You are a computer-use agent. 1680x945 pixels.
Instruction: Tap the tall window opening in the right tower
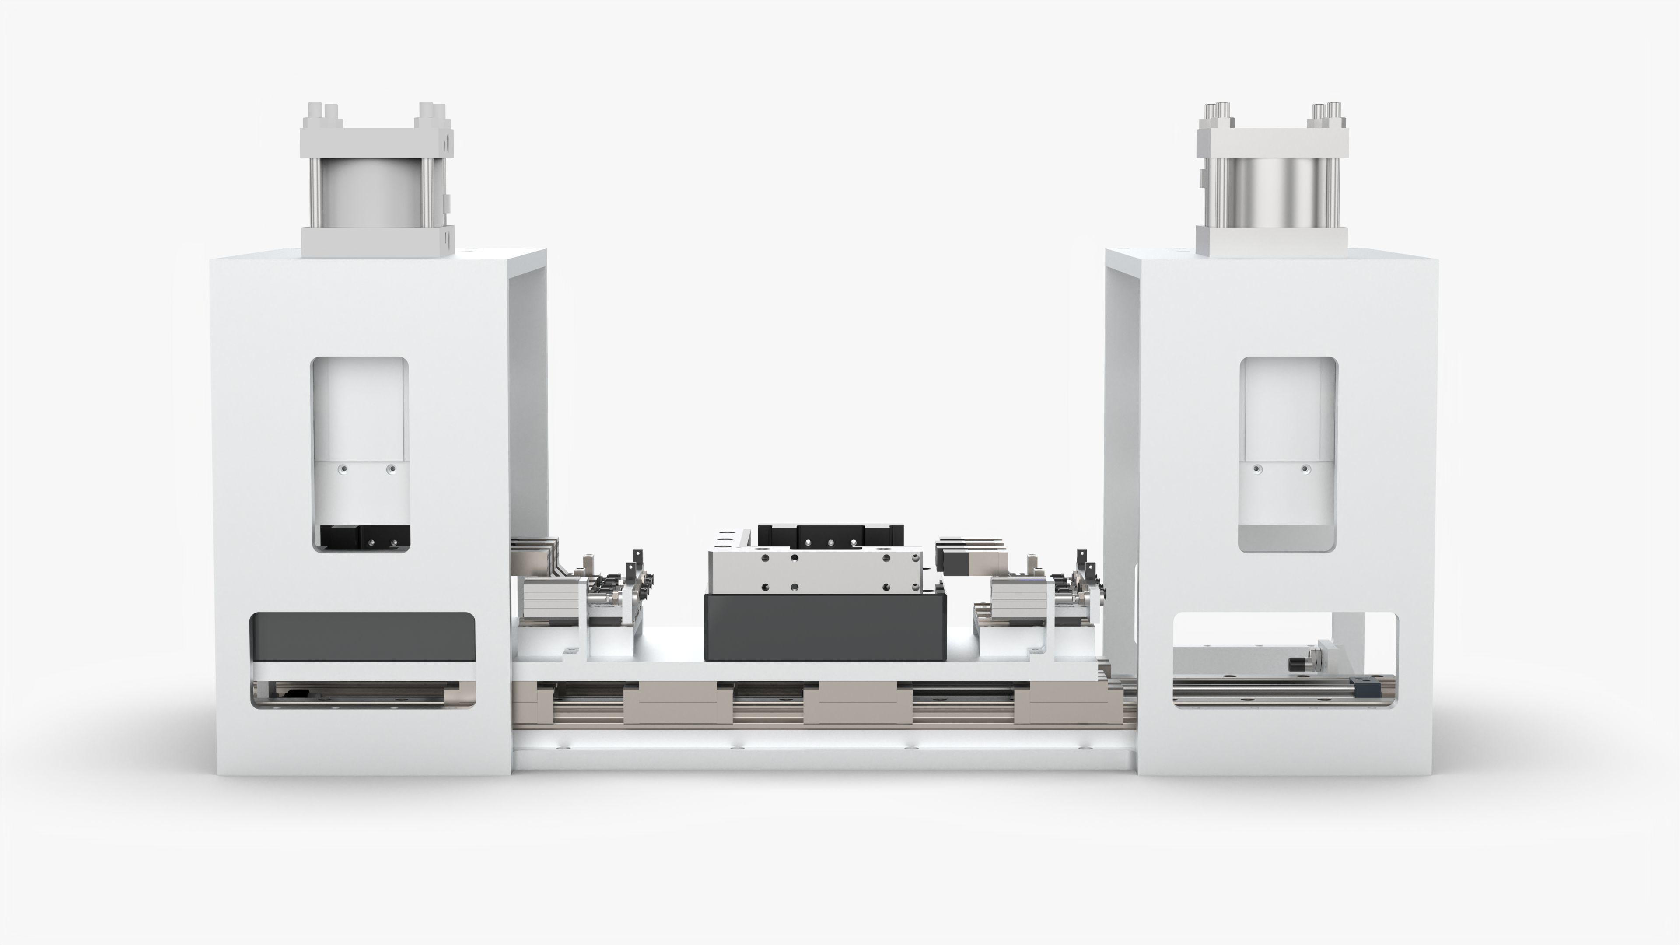[1288, 417]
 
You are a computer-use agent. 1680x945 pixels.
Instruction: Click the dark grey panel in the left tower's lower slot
[363, 638]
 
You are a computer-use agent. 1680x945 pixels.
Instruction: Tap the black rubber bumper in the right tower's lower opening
[1295, 664]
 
